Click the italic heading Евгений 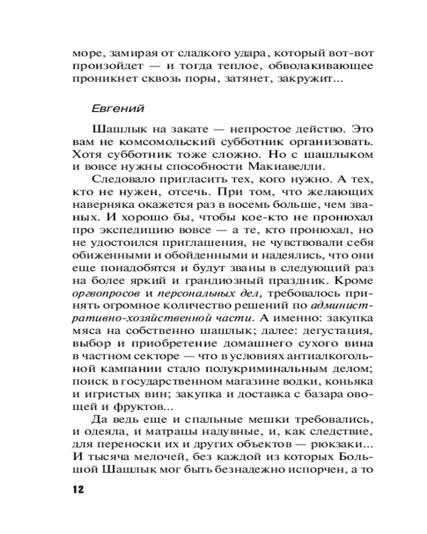pos(118,108)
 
